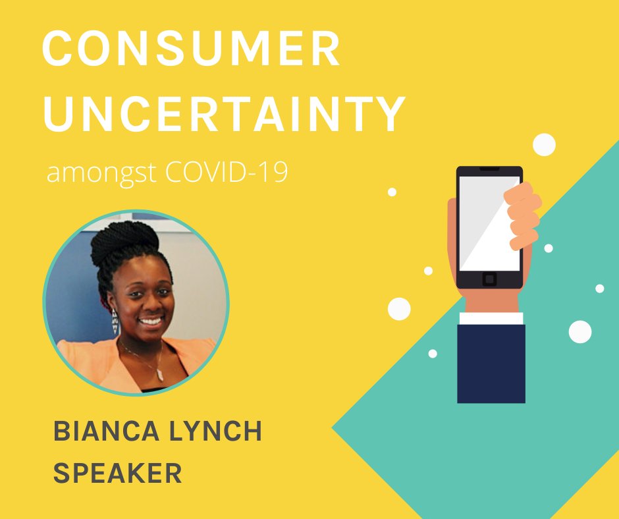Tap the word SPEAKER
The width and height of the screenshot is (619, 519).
(117, 473)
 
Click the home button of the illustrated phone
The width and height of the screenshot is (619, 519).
(489, 279)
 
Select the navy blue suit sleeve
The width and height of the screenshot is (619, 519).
(491, 362)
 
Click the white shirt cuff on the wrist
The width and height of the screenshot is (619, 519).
(491, 318)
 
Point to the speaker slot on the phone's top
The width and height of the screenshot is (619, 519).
(489, 170)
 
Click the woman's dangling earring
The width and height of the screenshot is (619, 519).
(115, 321)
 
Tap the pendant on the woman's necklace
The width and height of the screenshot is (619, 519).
(159, 374)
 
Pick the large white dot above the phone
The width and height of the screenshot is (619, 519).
(544, 144)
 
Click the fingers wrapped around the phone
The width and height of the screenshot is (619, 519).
(523, 215)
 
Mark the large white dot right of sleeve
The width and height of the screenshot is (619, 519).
(580, 331)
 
